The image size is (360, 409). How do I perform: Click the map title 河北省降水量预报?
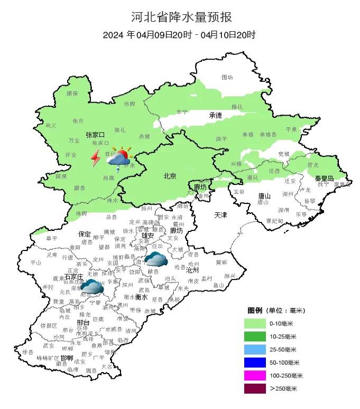[180, 17]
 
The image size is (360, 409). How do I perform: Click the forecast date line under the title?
[180, 35]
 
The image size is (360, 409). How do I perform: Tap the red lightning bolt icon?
[96, 157]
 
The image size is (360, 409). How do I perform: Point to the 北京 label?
[170, 176]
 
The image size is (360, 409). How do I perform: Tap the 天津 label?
[220, 216]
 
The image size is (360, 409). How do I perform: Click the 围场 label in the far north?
[227, 78]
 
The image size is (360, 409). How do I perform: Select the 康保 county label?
[72, 93]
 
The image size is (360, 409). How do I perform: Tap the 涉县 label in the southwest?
[27, 352]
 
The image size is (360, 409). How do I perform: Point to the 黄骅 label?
[221, 262]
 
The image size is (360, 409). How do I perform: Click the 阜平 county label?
[51, 238]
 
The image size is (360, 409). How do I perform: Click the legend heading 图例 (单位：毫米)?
[275, 310]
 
